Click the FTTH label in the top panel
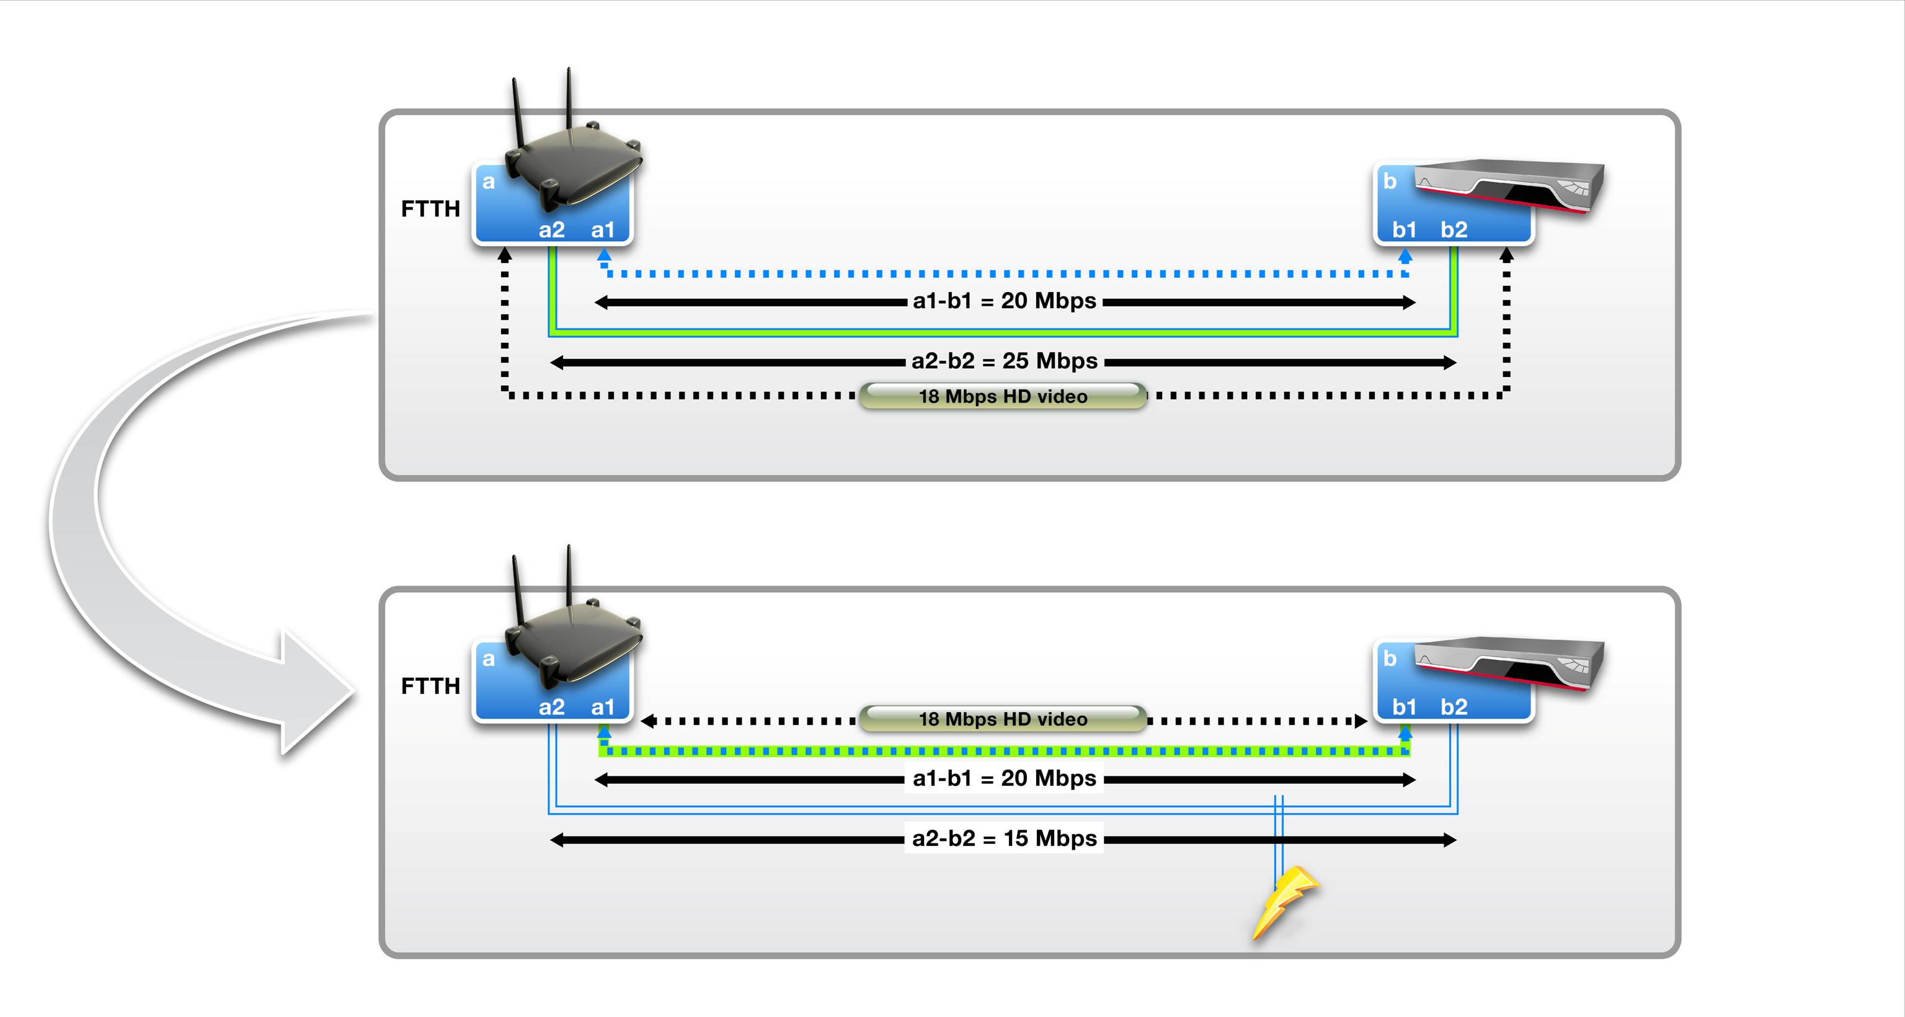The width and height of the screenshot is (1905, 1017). click(x=430, y=210)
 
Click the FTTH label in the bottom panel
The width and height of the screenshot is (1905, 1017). click(x=430, y=686)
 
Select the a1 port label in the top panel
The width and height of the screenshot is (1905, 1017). click(x=603, y=230)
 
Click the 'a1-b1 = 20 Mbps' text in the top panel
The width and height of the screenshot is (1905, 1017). click(x=1004, y=301)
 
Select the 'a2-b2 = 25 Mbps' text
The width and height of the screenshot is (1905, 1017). click(x=1004, y=361)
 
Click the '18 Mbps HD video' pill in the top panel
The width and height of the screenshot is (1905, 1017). click(x=1003, y=396)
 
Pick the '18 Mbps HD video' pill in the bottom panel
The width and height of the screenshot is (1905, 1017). click(x=1003, y=719)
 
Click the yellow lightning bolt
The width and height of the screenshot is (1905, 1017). click(x=1284, y=902)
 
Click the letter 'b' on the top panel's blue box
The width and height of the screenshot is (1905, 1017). click(x=1390, y=181)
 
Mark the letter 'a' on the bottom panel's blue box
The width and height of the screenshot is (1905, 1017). click(x=488, y=659)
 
